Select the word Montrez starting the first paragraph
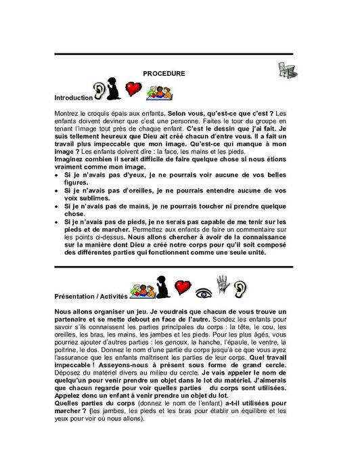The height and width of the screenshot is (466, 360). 66,112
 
